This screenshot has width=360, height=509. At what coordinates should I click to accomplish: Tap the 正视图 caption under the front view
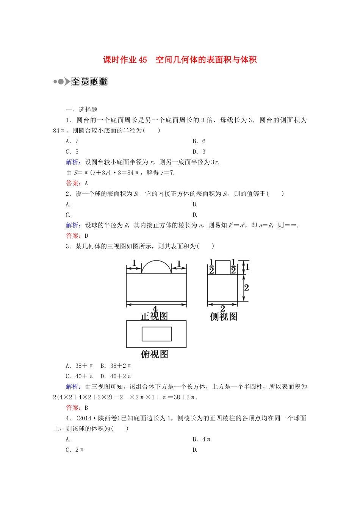coord(154,316)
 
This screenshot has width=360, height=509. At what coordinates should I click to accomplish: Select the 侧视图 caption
coord(224,317)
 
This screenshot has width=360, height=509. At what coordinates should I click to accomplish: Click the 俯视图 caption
coord(154,354)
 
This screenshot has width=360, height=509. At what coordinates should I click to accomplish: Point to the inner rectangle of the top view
coord(157,334)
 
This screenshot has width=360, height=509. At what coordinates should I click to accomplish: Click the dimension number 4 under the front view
coord(155,309)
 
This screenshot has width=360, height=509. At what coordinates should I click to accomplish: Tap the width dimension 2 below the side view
coord(222,308)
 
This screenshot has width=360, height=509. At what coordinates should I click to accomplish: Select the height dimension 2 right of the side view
coord(246,287)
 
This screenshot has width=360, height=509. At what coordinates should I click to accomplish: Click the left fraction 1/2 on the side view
coord(211,267)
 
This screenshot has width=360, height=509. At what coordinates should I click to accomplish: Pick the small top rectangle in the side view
coord(222,267)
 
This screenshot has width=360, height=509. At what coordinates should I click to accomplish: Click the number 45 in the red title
coord(142,60)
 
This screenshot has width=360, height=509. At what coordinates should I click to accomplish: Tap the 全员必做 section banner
coord(89,81)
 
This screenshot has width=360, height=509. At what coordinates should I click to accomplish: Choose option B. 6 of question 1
coord(199,141)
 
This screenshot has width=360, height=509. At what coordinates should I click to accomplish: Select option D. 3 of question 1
coord(199,152)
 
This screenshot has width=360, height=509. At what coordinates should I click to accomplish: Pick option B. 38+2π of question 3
coord(116,366)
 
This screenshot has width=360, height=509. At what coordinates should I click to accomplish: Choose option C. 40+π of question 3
coord(79,376)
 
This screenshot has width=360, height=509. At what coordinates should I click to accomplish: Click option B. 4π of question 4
coord(201,439)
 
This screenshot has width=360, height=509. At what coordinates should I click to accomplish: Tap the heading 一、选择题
coord(81,109)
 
